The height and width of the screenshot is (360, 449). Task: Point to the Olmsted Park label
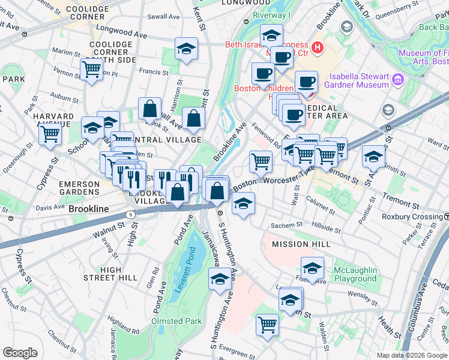pyautogui.click(x=176, y=321)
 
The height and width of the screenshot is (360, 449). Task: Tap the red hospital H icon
pyautogui.click(x=318, y=46)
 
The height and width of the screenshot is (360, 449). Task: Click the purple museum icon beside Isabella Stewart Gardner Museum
pyautogui.click(x=397, y=79)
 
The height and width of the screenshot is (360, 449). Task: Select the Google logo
pyautogui.click(x=20, y=353)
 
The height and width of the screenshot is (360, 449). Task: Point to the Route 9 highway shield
pyautogui.click(x=130, y=214)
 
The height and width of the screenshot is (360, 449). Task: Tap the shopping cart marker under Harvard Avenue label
pyautogui.click(x=50, y=133)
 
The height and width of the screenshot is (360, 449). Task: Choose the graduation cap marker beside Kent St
pyautogui.click(x=187, y=49)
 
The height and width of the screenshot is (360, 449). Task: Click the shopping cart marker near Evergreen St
pyautogui.click(x=267, y=325)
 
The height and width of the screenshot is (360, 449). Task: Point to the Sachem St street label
pyautogui.click(x=288, y=224)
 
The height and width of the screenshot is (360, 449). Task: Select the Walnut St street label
pyautogui.click(x=108, y=227)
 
